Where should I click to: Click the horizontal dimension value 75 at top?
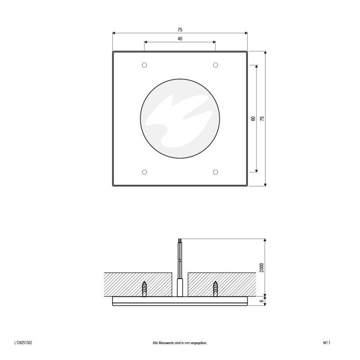pos(180,29)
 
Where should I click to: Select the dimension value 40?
pos(180,39)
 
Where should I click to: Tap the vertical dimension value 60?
pos(253,118)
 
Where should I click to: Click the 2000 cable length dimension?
pos(262,267)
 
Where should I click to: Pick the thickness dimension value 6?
pos(262,300)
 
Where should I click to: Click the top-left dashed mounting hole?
pos(144,65)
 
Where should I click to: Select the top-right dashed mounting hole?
pos(216,65)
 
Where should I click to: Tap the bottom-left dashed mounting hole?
pos(144,171)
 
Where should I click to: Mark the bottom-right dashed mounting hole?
pos(216,171)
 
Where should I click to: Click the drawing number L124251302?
pos(23,343)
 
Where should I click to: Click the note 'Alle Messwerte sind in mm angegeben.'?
pos(180,343)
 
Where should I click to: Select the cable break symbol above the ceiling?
pos(180,261)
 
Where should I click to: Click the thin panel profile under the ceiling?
pos(180,301)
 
